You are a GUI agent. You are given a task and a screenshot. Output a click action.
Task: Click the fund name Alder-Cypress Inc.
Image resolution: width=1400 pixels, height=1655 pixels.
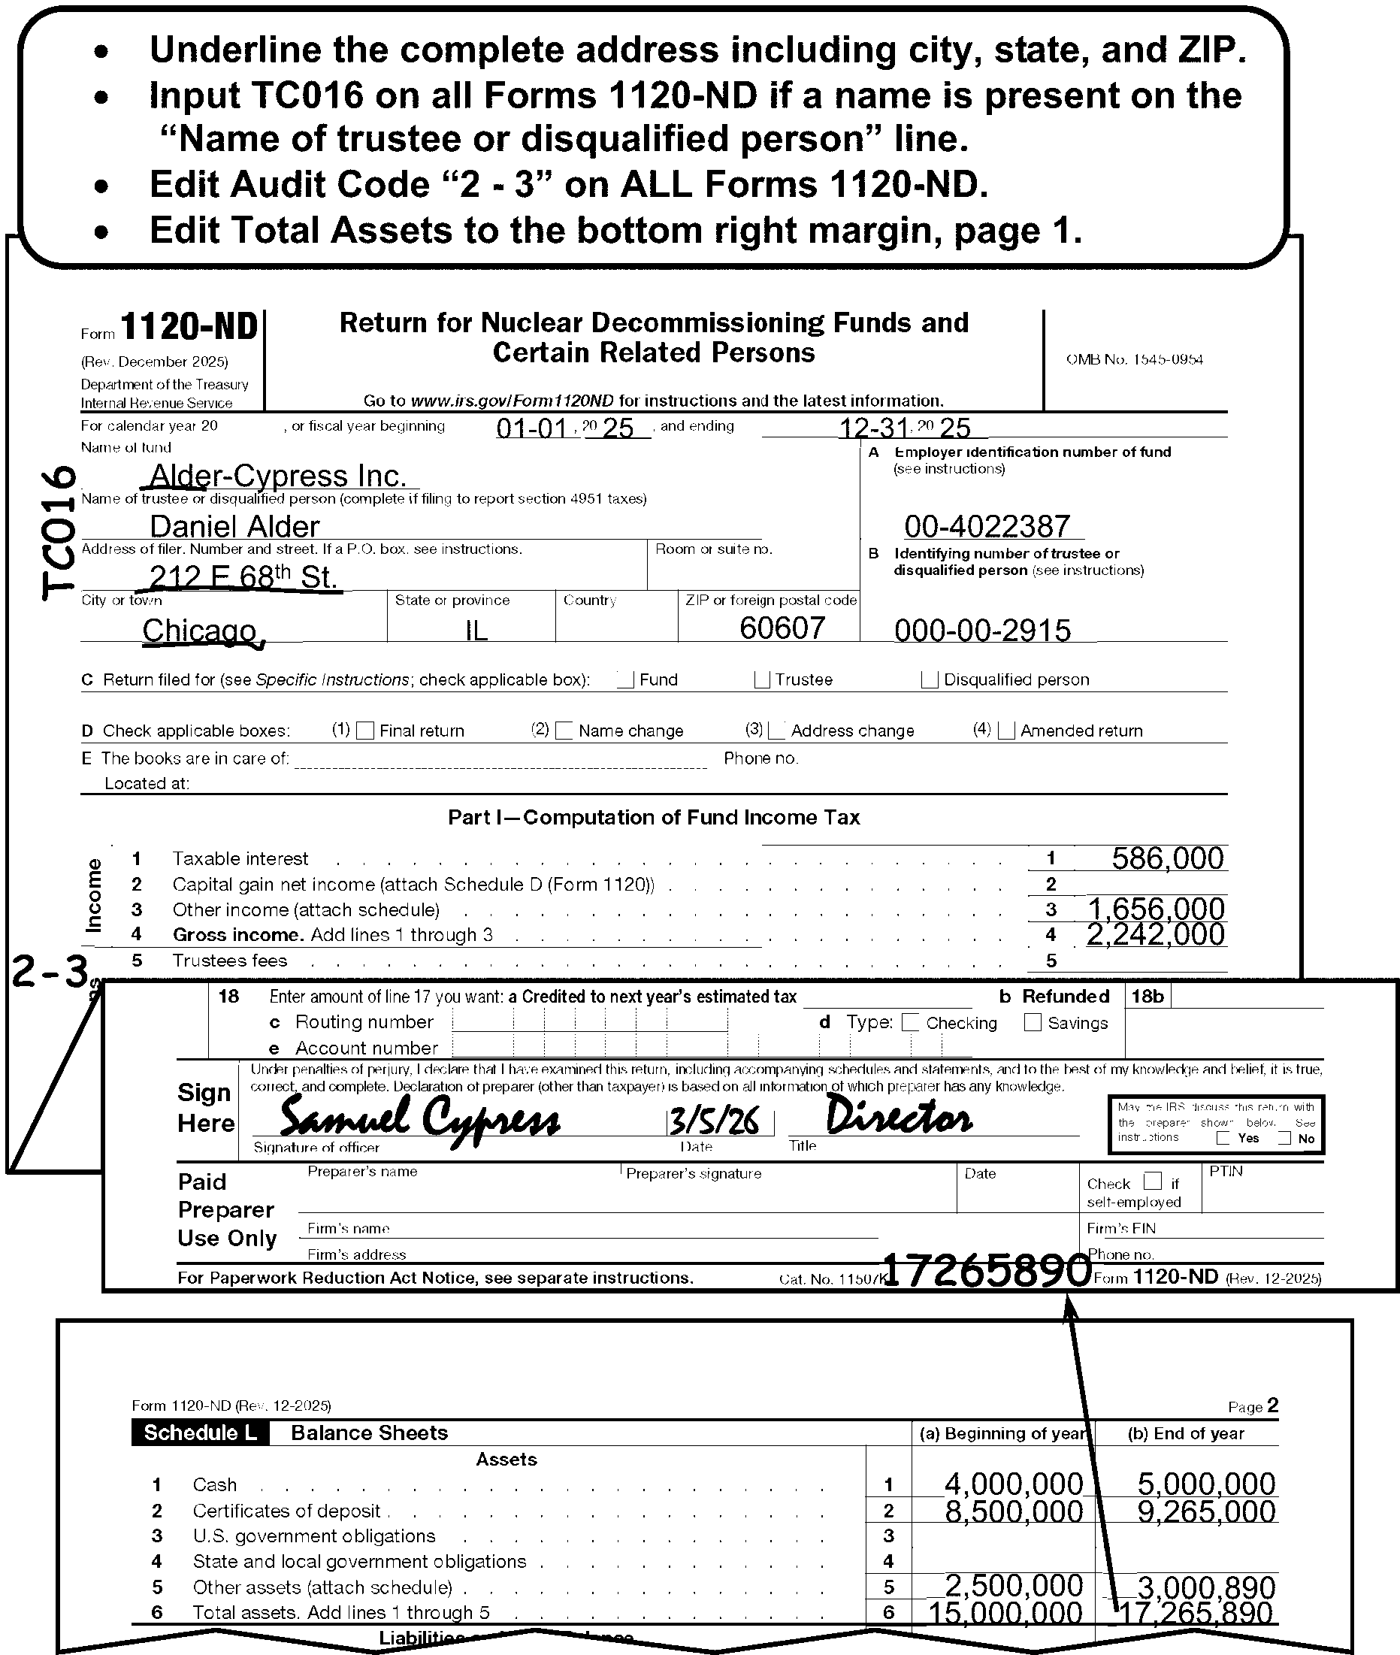[278, 477]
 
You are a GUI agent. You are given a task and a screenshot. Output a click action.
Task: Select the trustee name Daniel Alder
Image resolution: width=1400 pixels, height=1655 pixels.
[234, 527]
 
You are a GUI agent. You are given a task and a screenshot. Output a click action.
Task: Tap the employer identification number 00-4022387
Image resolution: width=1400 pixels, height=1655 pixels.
[987, 526]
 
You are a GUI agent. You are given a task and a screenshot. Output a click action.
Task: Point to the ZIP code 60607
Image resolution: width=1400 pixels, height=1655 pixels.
[782, 628]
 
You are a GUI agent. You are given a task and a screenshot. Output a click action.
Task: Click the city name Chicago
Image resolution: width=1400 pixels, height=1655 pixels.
[200, 631]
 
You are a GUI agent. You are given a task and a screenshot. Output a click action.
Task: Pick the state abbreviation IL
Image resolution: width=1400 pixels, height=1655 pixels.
[476, 631]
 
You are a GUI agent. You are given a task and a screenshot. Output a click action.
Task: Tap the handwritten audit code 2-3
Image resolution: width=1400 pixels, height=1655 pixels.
[49, 973]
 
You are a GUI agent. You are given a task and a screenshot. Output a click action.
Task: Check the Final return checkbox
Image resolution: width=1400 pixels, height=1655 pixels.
[365, 731]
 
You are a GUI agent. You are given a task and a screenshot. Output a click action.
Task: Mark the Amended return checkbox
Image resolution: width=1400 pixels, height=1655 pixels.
[1006, 731]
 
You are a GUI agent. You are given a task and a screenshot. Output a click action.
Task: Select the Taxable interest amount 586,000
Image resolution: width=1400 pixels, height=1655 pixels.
[1166, 859]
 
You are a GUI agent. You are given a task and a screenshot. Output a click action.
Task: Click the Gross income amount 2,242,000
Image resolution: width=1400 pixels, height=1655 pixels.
[1156, 935]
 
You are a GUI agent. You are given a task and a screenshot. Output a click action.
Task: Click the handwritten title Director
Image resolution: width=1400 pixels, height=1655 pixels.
[899, 1118]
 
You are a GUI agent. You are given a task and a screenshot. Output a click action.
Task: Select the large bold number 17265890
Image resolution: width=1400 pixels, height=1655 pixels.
[987, 1270]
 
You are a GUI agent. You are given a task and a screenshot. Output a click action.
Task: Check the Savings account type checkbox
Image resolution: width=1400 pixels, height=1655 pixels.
[1033, 1022]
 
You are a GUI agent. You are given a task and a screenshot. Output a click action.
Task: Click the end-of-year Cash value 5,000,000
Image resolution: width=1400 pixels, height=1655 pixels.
[1205, 1484]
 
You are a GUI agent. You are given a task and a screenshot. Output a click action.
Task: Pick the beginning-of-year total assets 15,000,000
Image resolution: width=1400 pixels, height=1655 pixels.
[1005, 1613]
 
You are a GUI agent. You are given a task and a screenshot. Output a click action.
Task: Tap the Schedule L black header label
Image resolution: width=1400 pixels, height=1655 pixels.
[200, 1433]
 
